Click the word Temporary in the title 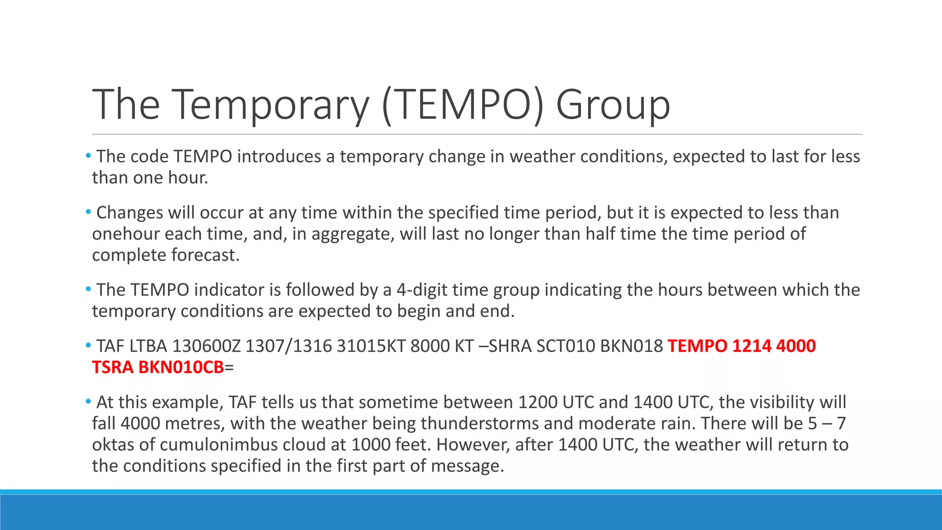click(271, 105)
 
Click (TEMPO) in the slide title click(463, 105)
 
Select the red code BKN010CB click(181, 367)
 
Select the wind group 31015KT click(371, 346)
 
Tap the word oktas click(113, 444)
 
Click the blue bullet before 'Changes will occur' click(88, 212)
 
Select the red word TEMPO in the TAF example click(697, 346)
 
